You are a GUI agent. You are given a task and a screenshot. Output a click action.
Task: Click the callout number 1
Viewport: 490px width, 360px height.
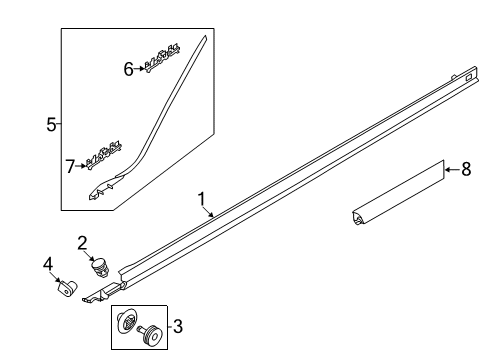click(x=201, y=199)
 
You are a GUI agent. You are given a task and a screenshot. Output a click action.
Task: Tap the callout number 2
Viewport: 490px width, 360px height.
click(x=82, y=243)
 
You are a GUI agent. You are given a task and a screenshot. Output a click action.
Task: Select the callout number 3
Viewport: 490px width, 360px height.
click(x=178, y=326)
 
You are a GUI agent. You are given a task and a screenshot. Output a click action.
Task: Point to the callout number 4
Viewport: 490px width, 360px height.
click(x=48, y=264)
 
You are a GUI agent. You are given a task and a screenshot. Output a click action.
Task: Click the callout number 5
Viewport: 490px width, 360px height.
click(x=51, y=124)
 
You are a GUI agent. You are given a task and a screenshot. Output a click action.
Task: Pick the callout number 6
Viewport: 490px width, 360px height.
click(x=129, y=69)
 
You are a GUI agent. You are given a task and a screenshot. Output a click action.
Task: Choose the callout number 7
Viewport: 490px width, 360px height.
click(x=70, y=166)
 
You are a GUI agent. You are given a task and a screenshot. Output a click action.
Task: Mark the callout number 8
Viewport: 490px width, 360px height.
click(x=466, y=169)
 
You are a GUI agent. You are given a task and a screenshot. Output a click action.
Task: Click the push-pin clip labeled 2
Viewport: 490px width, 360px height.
click(x=100, y=268)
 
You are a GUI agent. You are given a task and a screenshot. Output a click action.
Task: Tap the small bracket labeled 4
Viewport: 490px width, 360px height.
click(x=66, y=288)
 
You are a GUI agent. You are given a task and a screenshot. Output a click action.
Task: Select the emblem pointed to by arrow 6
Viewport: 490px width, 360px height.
click(x=163, y=57)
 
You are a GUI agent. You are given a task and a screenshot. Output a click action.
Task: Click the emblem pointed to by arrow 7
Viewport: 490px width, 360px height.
click(x=104, y=156)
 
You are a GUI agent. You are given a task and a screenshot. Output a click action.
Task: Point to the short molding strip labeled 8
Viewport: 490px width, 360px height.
click(x=399, y=194)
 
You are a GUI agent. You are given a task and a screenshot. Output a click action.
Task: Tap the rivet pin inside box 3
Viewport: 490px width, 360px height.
click(x=150, y=334)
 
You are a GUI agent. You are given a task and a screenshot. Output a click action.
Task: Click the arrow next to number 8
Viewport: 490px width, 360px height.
click(x=453, y=170)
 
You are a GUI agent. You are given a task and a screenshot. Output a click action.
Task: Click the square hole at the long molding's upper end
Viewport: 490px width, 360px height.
click(x=468, y=77)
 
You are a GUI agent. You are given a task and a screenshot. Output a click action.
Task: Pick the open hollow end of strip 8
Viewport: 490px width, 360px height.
click(x=358, y=219)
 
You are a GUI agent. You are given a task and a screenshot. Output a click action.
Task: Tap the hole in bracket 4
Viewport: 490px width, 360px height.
click(x=67, y=292)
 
